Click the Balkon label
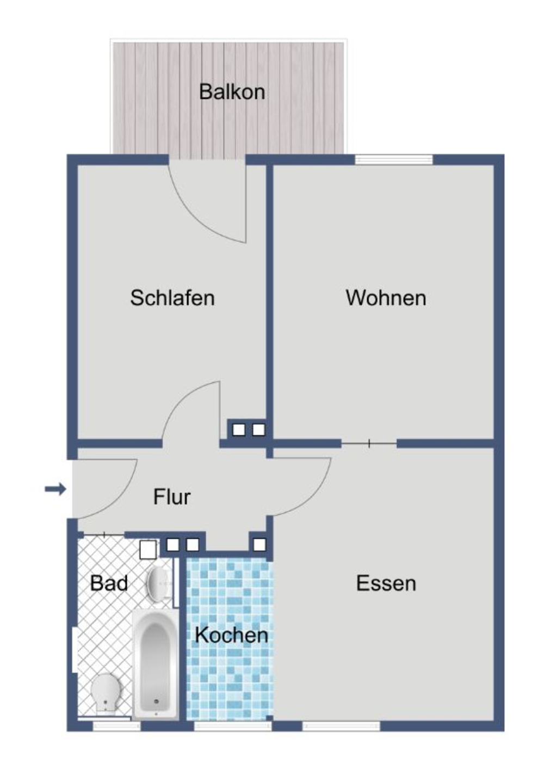(232, 91)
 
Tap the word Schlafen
(172, 298)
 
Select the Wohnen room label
(386, 298)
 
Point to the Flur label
(172, 497)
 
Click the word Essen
(386, 583)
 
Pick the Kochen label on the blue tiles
(231, 635)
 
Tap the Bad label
(109, 583)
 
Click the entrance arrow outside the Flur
(55, 489)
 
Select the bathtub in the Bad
(155, 663)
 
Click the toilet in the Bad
(106, 693)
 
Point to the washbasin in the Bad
(159, 583)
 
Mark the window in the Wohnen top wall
(394, 159)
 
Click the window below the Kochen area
(232, 726)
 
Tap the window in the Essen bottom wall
(341, 726)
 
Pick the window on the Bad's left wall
(73, 650)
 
